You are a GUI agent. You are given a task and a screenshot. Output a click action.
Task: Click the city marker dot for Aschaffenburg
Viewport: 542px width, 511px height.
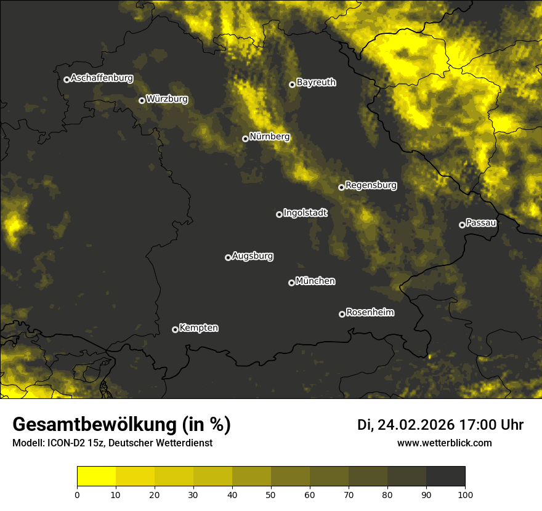(67, 79)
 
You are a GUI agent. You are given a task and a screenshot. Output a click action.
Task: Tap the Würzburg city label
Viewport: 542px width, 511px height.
(167, 99)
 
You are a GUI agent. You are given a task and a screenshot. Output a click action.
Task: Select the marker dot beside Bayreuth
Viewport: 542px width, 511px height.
(292, 84)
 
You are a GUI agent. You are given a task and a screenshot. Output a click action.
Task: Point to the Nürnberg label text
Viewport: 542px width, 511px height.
(270, 137)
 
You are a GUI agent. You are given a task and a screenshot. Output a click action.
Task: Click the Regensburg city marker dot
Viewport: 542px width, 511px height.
(341, 187)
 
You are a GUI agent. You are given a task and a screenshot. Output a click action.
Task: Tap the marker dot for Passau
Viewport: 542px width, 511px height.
(462, 225)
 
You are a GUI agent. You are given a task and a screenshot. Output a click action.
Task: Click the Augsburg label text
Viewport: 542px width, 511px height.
(253, 256)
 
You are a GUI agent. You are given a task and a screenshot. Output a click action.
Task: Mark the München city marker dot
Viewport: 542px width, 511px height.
(291, 283)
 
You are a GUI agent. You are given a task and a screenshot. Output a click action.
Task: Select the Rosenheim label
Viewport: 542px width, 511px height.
(370, 313)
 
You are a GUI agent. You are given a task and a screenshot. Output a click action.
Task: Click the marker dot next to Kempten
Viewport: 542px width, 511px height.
(175, 329)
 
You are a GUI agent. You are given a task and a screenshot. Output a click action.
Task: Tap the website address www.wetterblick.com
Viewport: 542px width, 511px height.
(445, 443)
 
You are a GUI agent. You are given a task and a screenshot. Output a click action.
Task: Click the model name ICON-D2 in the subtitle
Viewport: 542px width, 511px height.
(67, 443)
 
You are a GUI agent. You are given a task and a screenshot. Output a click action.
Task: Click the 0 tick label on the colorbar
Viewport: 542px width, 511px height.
(77, 494)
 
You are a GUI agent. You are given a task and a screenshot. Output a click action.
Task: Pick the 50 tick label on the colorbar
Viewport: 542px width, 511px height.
(271, 494)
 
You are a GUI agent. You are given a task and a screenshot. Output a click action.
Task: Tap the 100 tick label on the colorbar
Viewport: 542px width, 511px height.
(465, 494)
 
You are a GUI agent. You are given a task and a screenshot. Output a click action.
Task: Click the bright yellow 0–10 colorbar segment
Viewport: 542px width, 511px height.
(96, 476)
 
